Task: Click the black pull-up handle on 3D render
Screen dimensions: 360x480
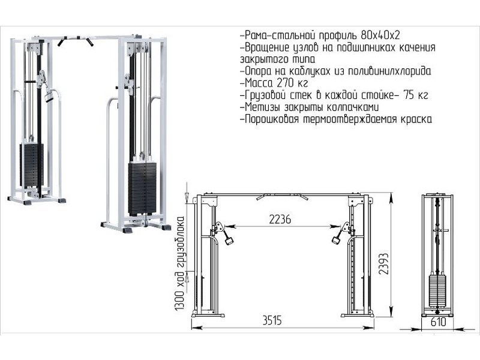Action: (x=76, y=42)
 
